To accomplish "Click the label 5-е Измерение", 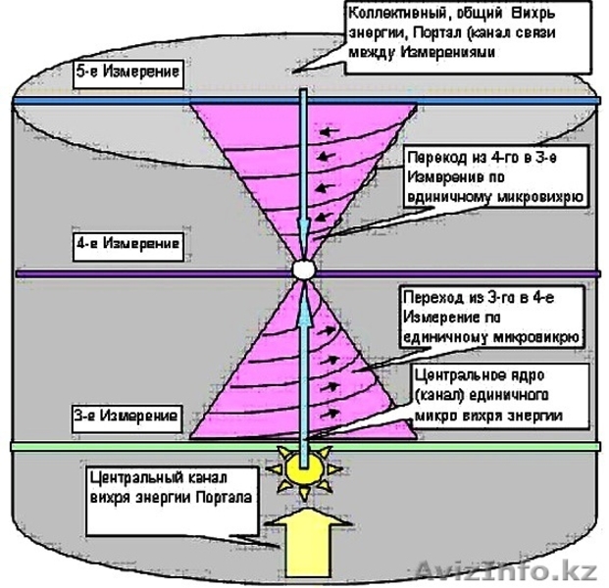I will pyautogui.click(x=129, y=74).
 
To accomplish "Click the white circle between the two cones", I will pyautogui.click(x=303, y=268).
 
